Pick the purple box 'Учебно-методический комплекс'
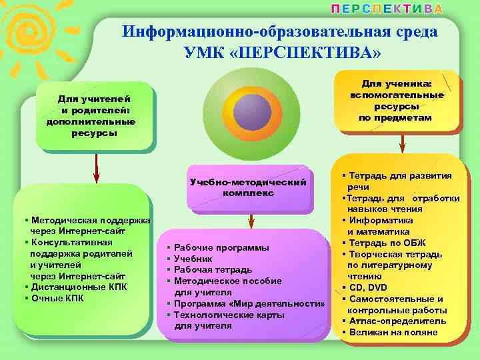pos(248,187)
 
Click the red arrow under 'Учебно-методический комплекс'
pos(249,221)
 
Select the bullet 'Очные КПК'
pos(56,298)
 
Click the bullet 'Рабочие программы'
pos(221,247)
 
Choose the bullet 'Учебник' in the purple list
pos(193,259)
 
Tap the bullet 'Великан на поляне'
pos(389,332)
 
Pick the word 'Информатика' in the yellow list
pos(381,220)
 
